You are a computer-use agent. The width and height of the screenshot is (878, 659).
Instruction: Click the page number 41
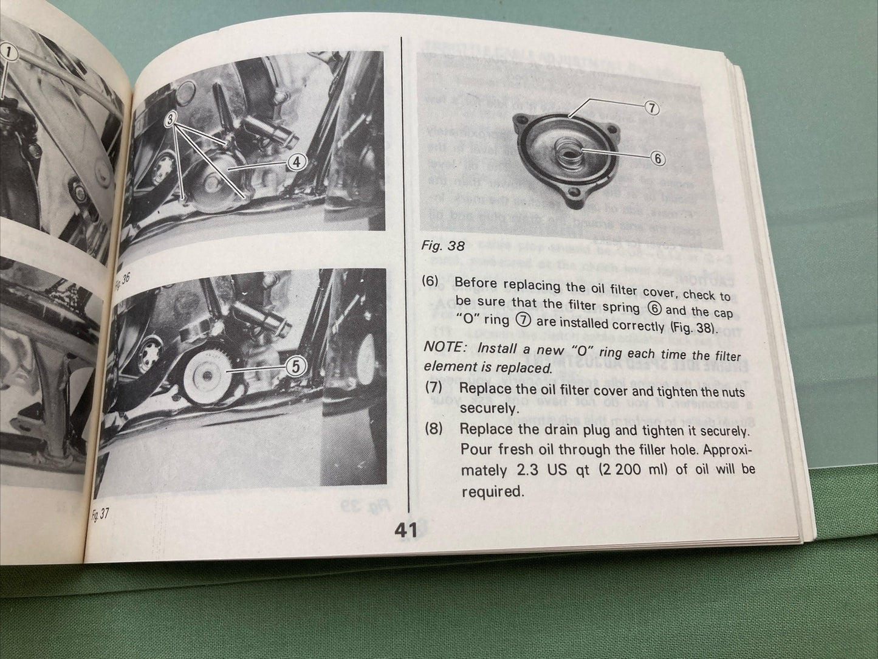pos(405,531)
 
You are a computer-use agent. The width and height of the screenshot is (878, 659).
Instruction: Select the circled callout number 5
pos(295,366)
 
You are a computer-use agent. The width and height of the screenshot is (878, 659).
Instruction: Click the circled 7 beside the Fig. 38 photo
pos(651,108)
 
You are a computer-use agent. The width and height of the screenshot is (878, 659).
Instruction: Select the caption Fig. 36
pos(123,281)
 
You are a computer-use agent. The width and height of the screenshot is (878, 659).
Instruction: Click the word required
pos(492,491)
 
